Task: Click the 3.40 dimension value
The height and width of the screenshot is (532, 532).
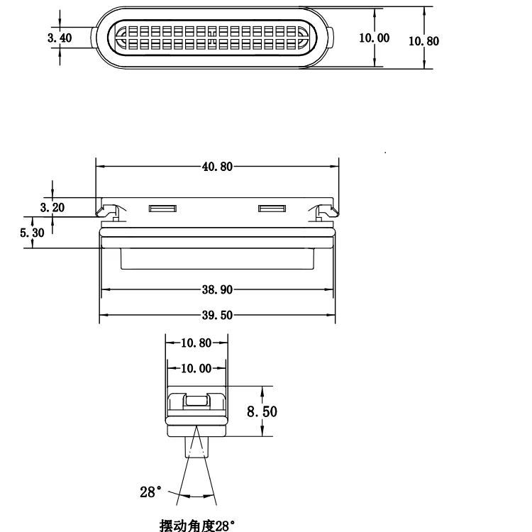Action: tap(60, 38)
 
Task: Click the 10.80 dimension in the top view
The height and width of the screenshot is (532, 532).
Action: tap(424, 40)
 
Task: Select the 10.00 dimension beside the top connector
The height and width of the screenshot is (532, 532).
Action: tap(374, 38)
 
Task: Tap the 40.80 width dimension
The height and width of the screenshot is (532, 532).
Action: tap(216, 167)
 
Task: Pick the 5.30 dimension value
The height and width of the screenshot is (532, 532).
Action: tap(33, 233)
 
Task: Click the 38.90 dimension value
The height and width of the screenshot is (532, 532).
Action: tap(216, 289)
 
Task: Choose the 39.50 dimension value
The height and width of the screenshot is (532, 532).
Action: tap(216, 315)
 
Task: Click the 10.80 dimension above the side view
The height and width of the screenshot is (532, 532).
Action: tap(196, 343)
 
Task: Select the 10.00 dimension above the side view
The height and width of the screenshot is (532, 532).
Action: tap(196, 368)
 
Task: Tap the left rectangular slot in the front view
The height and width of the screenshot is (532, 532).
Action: tap(162, 209)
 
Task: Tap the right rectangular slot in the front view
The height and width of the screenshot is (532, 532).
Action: tap(271, 209)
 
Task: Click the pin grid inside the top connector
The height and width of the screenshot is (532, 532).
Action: tap(212, 38)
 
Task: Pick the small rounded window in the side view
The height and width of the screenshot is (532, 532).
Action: tap(197, 401)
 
